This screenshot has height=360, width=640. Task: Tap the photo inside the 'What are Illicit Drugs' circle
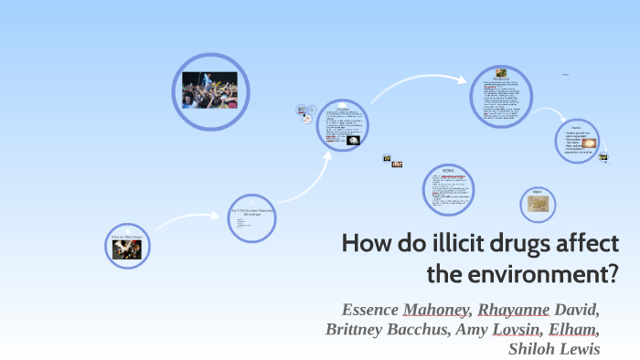pyautogui.click(x=127, y=249)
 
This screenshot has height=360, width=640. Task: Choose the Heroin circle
pyautogui.click(x=576, y=142)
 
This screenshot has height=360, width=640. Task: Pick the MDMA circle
pyautogui.click(x=449, y=190)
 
